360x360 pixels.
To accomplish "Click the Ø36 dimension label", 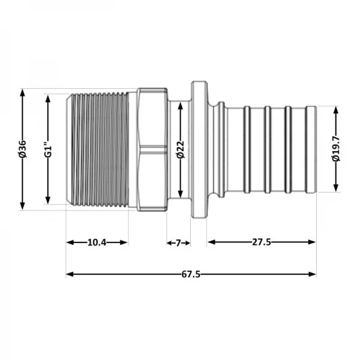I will coord(22,149).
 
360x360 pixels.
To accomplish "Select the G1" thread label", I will coord(49,149).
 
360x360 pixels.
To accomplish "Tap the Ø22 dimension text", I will coord(179,149).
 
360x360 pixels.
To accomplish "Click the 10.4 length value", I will coord(97,242).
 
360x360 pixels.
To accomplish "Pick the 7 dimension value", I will coord(178,242).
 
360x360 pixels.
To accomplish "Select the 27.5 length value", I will coord(262,242).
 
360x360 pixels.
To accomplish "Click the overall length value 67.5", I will coord(190,274).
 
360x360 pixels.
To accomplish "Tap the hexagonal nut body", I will coord(152,149).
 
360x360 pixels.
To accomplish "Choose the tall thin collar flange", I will coord(198,149).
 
